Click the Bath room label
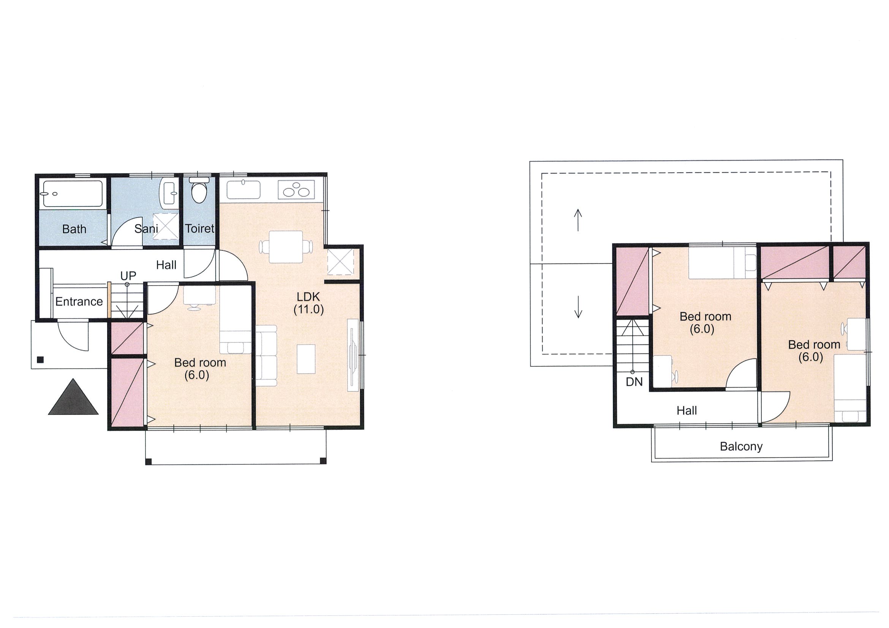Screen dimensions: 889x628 74,229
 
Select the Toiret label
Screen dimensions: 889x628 199,228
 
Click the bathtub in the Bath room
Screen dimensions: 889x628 73,194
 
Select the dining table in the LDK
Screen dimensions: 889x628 286,247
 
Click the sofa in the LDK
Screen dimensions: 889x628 266,355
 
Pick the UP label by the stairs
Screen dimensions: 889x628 128,276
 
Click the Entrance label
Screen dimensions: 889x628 79,301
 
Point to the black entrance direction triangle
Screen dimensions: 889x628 73,397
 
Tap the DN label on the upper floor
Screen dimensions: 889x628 634,382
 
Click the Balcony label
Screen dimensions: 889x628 741,447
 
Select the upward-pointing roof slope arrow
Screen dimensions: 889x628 578,220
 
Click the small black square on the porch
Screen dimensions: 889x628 40,360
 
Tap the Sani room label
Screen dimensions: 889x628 146,229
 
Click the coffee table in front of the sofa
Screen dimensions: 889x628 306,359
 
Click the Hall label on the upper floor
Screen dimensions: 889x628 687,410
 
